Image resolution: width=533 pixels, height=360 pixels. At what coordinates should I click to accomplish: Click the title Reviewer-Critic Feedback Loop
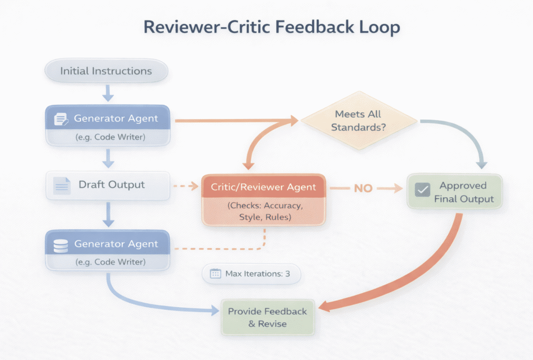pos(271,27)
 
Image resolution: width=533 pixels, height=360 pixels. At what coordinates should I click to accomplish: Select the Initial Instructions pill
pos(106,71)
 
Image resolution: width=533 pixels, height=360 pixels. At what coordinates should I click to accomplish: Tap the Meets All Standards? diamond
pos(358,120)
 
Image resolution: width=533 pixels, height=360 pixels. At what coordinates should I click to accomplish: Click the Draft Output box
pos(108,185)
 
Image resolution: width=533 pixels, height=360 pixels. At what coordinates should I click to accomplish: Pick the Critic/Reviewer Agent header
pos(264,187)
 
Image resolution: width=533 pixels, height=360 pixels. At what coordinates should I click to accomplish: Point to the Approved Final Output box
pos(454,192)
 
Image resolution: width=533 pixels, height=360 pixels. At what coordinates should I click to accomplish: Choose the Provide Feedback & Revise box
pos(267,318)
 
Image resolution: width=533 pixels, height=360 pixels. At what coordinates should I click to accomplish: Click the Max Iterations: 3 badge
pos(251,274)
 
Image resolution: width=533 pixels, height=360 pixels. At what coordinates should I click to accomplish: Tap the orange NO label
pos(363,188)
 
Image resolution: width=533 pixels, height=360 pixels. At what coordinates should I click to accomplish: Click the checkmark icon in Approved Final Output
pos(422,190)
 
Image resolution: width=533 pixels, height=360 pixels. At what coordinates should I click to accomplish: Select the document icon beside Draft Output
pos(62,185)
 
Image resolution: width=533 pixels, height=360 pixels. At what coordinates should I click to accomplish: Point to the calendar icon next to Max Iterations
pos(215,274)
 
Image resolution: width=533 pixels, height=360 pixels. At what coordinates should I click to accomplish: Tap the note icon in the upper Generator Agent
pos(60,119)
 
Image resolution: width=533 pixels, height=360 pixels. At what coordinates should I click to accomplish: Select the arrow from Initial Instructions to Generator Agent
pos(108,92)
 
